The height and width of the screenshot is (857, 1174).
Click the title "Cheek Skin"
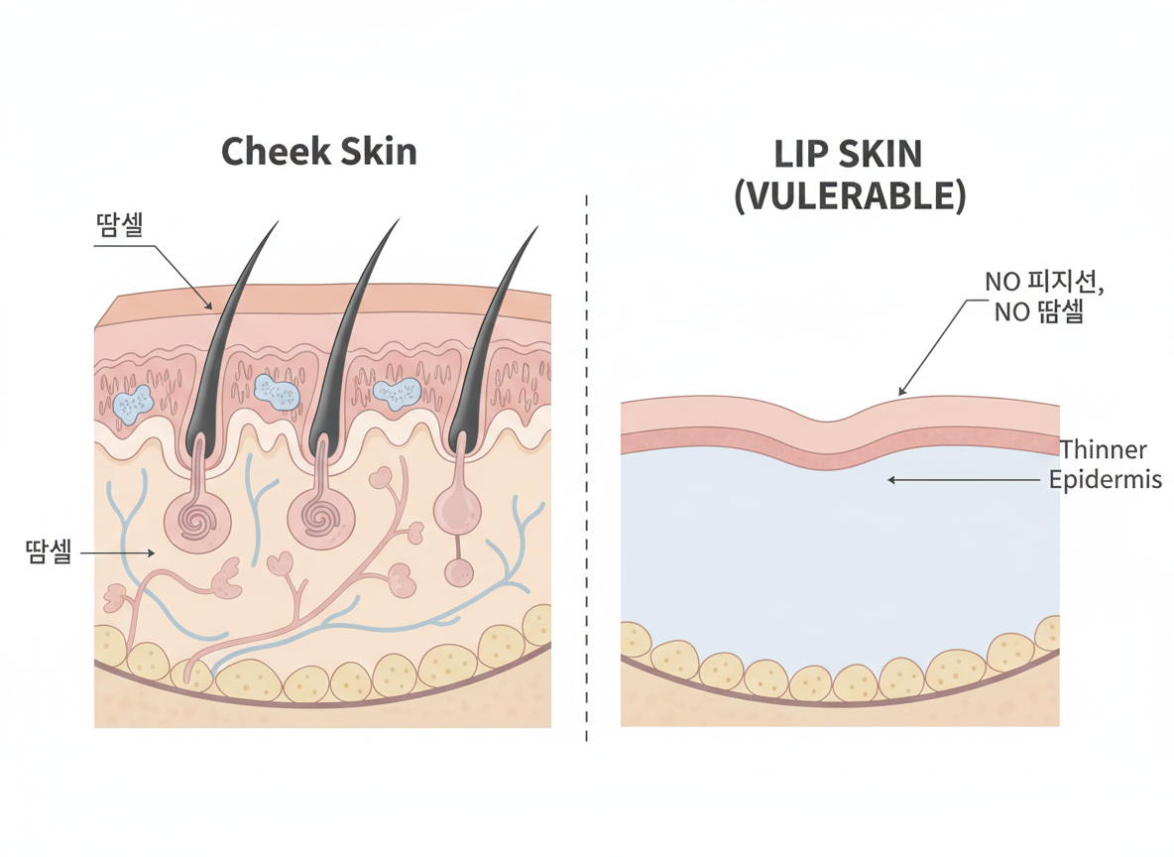pyautogui.click(x=318, y=152)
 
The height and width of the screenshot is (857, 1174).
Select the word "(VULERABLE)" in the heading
pyautogui.click(x=849, y=194)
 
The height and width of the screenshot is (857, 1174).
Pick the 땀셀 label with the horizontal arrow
pyautogui.click(x=49, y=551)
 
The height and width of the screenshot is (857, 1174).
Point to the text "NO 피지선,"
pyautogui.click(x=1044, y=282)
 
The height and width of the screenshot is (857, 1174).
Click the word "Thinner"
pyautogui.click(x=1104, y=449)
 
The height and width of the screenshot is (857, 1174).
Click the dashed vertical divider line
pyautogui.click(x=587, y=466)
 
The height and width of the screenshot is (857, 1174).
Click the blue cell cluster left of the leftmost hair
pyautogui.click(x=131, y=403)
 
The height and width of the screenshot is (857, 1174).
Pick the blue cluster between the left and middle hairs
pyautogui.click(x=276, y=392)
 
